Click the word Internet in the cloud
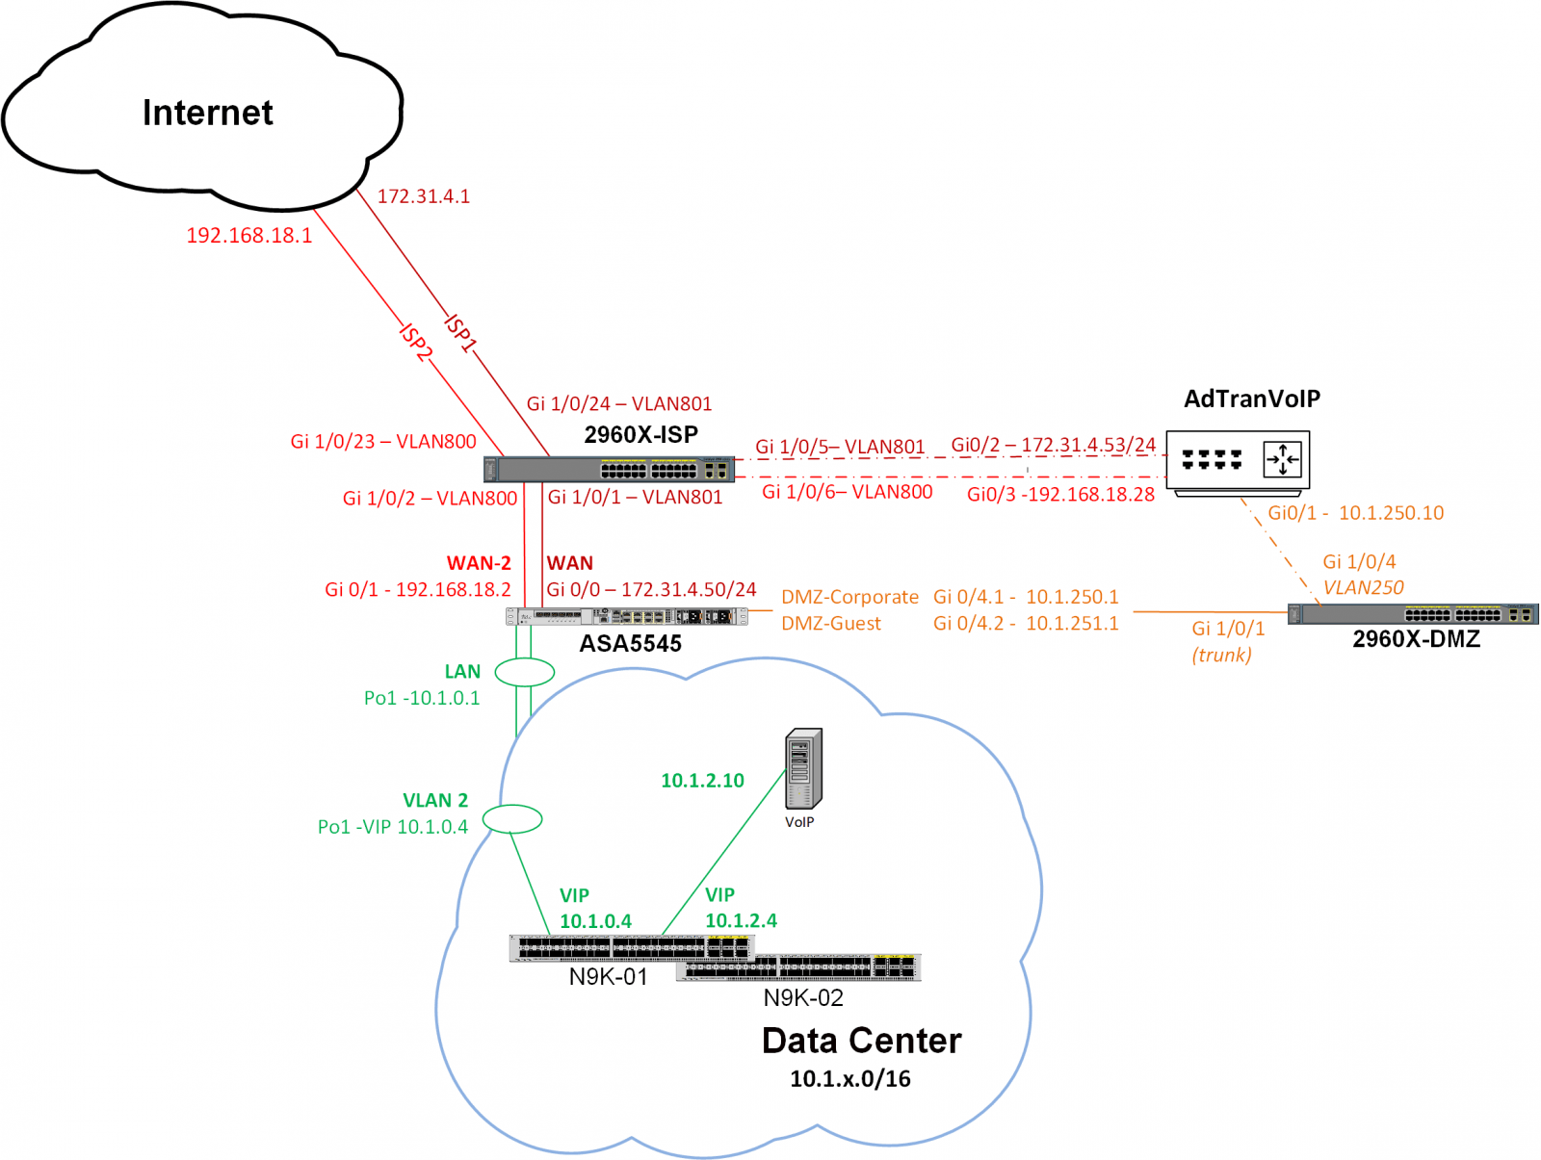[207, 113]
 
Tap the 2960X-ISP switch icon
[609, 469]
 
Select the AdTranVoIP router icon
[1238, 460]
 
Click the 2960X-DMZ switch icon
[1413, 614]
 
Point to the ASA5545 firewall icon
[627, 616]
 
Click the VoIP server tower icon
[803, 768]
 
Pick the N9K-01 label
[608, 976]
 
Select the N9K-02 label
[803, 997]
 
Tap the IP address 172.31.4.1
[424, 196]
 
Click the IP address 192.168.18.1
[248, 235]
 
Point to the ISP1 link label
[461, 332]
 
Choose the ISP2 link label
[416, 343]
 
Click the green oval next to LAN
[525, 672]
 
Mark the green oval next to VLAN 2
[512, 819]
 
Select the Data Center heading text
[861, 1041]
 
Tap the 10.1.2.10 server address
[702, 781]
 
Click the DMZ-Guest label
[831, 623]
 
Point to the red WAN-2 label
[479, 563]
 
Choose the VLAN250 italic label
[1363, 587]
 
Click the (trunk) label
[1221, 655]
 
